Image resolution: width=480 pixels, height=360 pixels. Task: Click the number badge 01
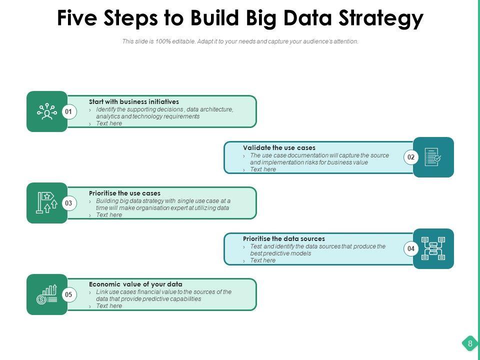(x=68, y=112)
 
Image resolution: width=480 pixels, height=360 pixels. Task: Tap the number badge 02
(x=411, y=157)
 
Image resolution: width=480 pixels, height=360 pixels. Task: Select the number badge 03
(x=68, y=203)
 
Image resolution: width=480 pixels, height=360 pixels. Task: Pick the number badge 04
(x=411, y=249)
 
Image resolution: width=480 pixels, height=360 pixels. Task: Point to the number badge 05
(x=68, y=295)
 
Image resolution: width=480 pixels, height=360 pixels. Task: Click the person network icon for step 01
(x=47, y=112)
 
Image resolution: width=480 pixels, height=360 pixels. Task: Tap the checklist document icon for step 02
(x=433, y=157)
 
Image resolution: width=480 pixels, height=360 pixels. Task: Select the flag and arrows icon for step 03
(x=47, y=203)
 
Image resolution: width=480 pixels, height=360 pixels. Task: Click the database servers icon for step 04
(x=433, y=249)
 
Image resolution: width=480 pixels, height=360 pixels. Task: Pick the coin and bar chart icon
(x=47, y=295)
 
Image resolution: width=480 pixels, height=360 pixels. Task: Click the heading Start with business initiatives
(x=134, y=101)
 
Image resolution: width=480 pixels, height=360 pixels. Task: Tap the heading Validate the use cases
(x=279, y=147)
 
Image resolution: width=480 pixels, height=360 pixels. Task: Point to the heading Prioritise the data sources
(x=284, y=238)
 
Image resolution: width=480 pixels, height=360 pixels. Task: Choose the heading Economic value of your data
(x=135, y=284)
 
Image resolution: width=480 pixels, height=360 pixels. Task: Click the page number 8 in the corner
(x=470, y=343)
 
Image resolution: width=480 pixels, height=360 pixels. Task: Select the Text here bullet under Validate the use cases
(x=263, y=169)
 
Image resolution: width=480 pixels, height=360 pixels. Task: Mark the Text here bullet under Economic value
(x=109, y=306)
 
